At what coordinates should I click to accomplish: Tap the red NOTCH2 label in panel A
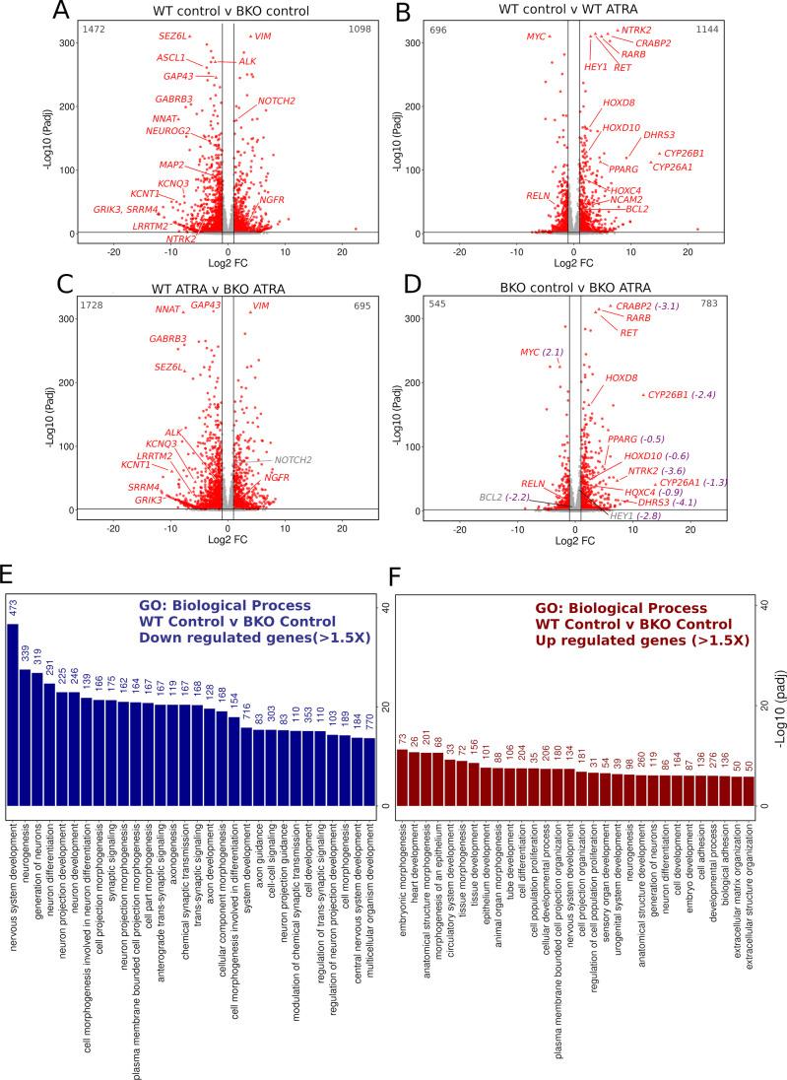tap(277, 101)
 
